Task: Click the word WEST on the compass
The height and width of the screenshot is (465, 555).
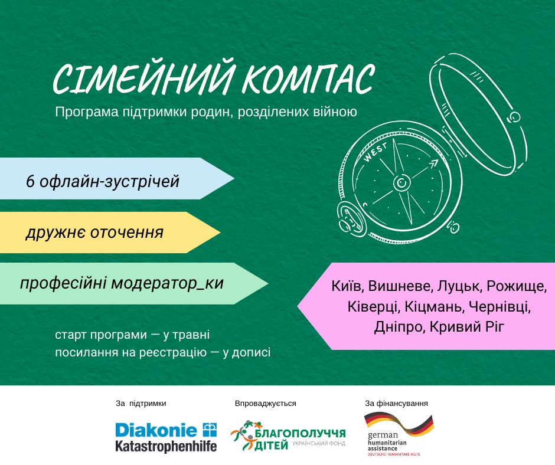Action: click(375, 153)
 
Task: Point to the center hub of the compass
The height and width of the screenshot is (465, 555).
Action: click(401, 182)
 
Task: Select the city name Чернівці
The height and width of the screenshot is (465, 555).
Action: click(500, 306)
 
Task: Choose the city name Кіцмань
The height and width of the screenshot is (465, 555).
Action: click(433, 306)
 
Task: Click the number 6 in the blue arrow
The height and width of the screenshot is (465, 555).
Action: click(31, 182)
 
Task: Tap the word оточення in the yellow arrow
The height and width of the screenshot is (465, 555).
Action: click(127, 233)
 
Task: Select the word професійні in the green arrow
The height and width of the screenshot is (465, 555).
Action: click(63, 283)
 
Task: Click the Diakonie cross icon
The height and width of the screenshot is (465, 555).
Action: click(209, 430)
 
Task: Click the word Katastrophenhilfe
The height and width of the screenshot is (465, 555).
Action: click(166, 446)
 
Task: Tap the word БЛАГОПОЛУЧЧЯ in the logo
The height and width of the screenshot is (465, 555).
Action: click(300, 434)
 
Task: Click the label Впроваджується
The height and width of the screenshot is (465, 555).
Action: click(266, 404)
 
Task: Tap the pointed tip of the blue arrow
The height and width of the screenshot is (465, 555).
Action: click(234, 178)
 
